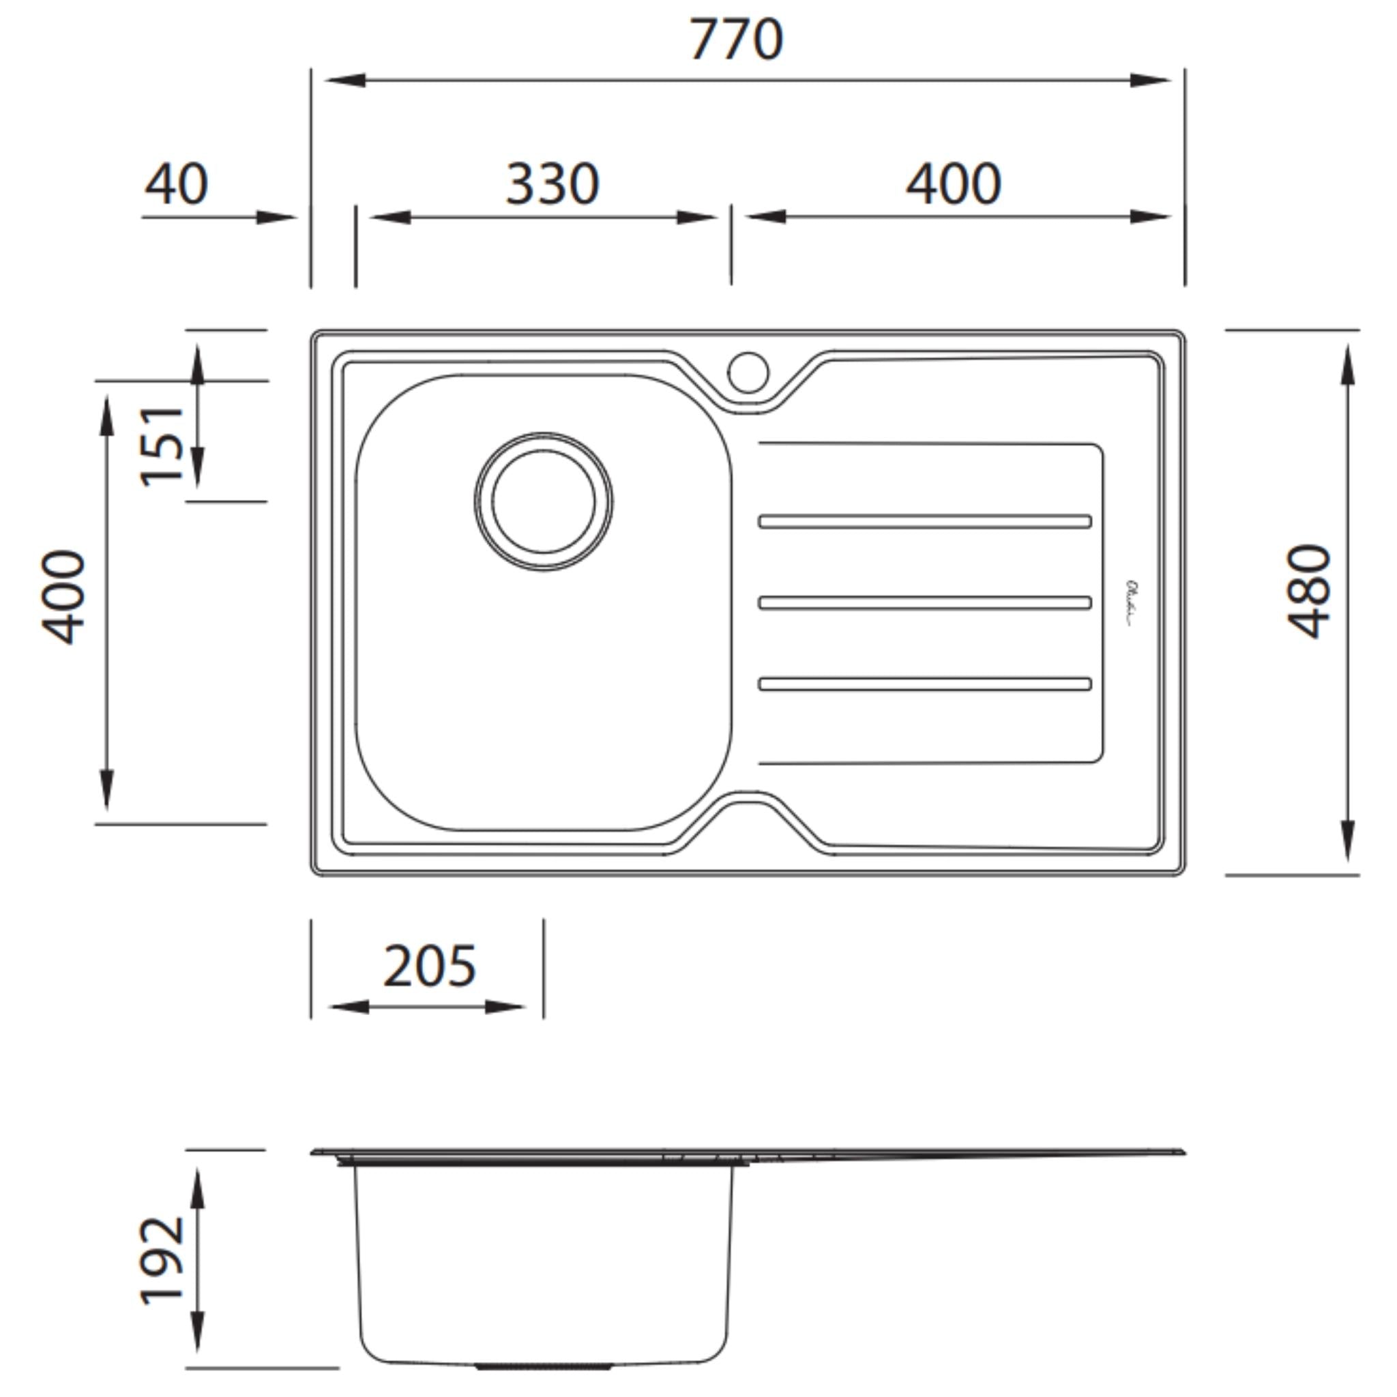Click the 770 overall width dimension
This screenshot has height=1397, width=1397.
(735, 40)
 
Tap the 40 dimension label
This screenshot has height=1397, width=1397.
(177, 184)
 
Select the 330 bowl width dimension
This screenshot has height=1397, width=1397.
(553, 184)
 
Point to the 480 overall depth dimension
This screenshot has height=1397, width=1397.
(1310, 591)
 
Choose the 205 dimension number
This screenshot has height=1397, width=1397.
(430, 967)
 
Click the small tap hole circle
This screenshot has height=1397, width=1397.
(748, 372)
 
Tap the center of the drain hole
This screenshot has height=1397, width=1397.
(544, 502)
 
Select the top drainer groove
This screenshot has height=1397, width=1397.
(925, 521)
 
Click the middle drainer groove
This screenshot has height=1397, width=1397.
(925, 602)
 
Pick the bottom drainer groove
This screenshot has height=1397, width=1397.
(925, 684)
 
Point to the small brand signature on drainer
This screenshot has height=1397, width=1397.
(1132, 603)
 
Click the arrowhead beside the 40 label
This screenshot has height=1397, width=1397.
(277, 217)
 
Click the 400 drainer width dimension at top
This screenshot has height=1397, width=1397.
(954, 184)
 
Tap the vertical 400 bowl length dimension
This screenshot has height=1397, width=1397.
(63, 597)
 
